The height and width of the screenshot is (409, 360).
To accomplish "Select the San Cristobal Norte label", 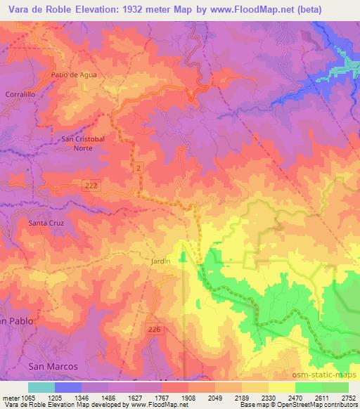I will tap(83, 143).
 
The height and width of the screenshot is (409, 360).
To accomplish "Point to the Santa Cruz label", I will tap(46, 223).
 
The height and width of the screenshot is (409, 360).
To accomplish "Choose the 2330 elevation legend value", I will tap(269, 398).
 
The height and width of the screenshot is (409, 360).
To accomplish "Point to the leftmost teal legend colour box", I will tap(41, 387).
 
